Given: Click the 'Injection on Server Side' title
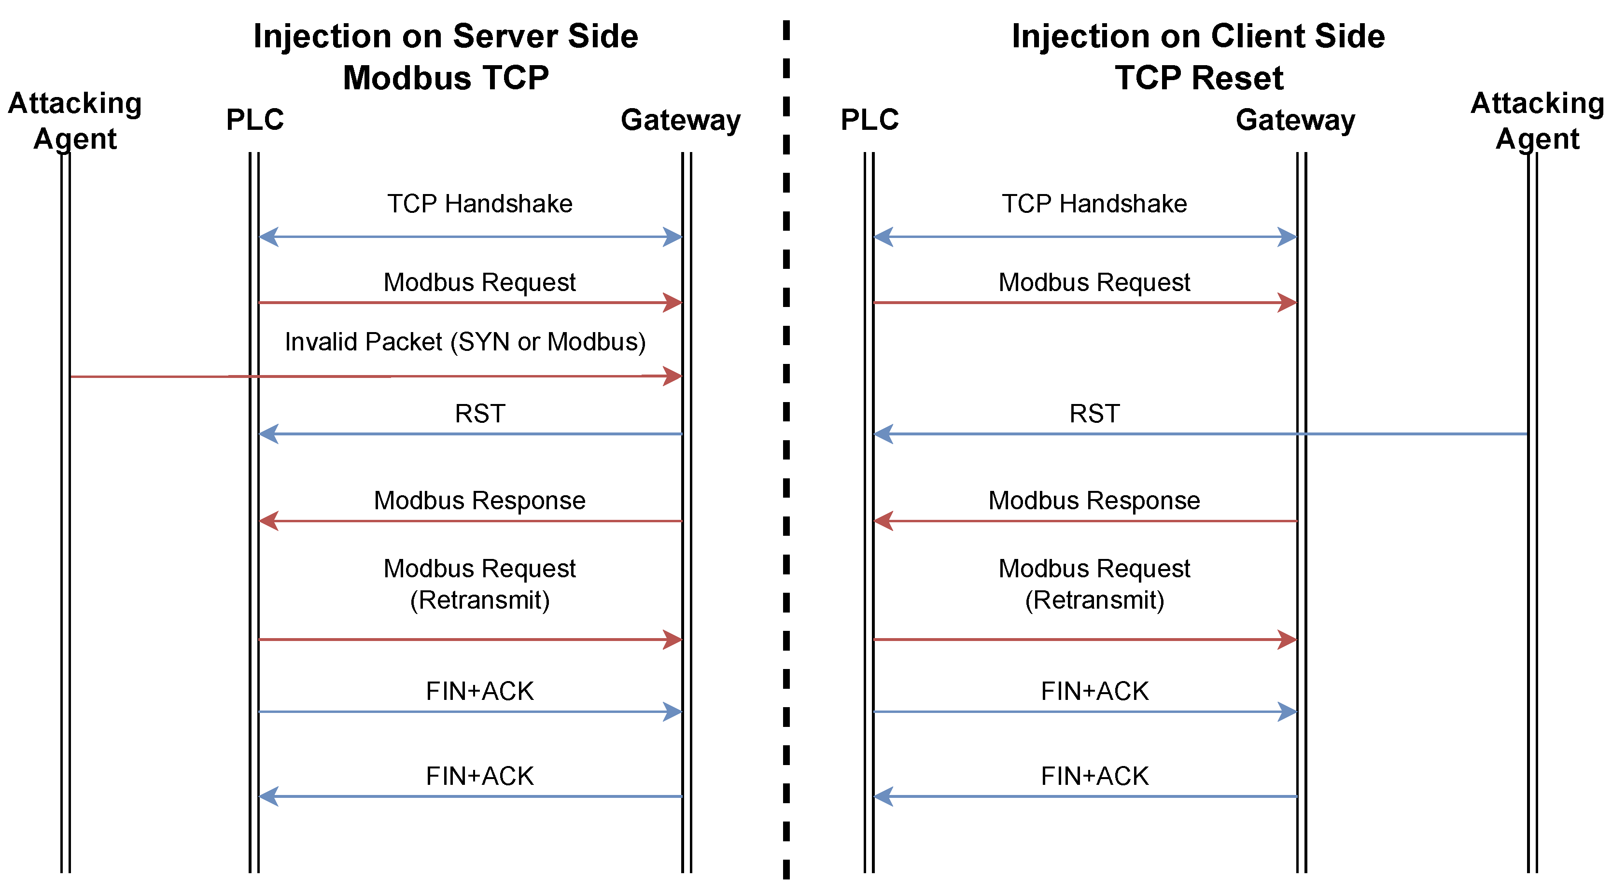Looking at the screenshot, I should click(x=446, y=36).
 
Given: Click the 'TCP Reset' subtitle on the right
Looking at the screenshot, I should click(x=1198, y=78).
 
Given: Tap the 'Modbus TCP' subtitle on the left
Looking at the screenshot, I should click(x=446, y=78).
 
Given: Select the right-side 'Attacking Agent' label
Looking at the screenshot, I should click(x=1537, y=120).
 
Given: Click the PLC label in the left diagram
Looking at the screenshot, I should click(x=255, y=120).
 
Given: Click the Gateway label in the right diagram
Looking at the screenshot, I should click(x=1295, y=120).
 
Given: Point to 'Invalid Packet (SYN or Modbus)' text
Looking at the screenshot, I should click(x=465, y=342).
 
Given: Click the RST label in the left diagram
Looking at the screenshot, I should click(x=479, y=414).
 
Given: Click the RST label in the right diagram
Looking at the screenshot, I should click(x=1094, y=414).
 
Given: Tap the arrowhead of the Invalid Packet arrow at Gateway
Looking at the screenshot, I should click(x=673, y=376).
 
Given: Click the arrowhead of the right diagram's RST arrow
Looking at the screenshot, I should click(x=883, y=433).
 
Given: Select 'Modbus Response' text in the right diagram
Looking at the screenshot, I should click(x=1094, y=501).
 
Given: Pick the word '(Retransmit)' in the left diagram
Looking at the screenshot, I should click(x=479, y=600).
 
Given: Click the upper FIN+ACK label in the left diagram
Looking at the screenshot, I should click(x=479, y=691).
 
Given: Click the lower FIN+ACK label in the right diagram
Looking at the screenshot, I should click(x=1094, y=776).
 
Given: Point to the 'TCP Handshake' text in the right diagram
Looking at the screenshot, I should click(x=1094, y=204).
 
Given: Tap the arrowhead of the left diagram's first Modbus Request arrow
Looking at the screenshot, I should click(x=673, y=303).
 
